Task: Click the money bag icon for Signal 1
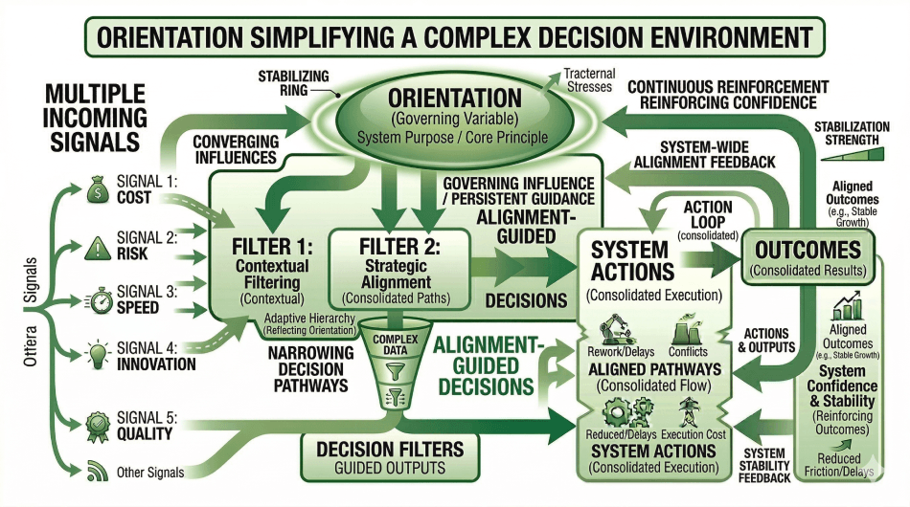[x=98, y=187]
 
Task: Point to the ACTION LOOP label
[x=708, y=215]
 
